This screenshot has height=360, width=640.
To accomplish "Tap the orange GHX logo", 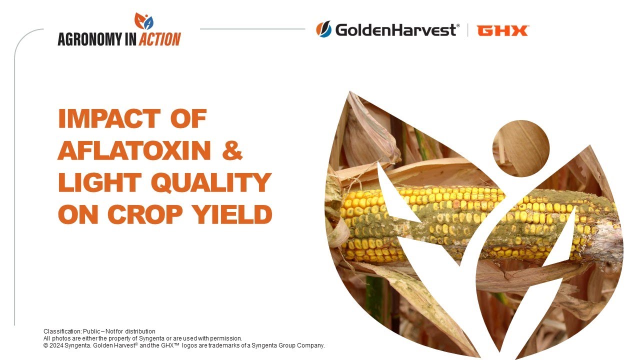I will coord(502,30).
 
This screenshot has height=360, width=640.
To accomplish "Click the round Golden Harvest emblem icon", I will coord(323,29).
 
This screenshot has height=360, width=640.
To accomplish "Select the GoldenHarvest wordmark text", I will coord(396,30).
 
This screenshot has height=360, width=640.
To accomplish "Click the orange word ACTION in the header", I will coord(159,39).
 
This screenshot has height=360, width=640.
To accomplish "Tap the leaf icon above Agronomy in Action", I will coord(144,21).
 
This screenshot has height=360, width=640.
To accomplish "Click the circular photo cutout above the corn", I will coord(521,148).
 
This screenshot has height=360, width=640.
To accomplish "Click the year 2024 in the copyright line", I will coord(56,345).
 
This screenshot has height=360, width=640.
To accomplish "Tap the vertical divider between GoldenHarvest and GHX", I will coord(468,30).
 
